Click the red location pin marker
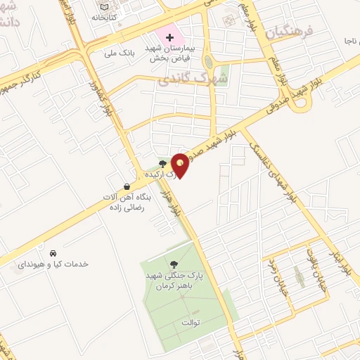pos(181,165)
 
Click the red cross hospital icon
pos(170,37)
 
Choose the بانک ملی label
pos(119,51)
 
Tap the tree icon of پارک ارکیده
pos(164,163)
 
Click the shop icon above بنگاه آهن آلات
pos(127,187)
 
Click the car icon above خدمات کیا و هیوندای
pos(53,252)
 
